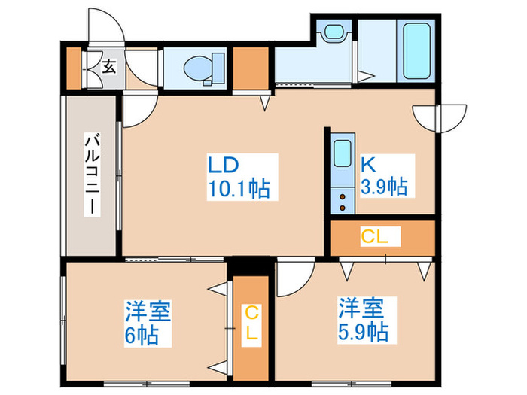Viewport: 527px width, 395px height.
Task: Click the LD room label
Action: click(224, 165)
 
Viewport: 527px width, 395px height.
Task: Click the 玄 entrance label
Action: click(108, 67)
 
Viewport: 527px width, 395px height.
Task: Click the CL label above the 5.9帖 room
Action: click(374, 237)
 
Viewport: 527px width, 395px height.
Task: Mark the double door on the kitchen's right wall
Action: click(437, 117)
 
